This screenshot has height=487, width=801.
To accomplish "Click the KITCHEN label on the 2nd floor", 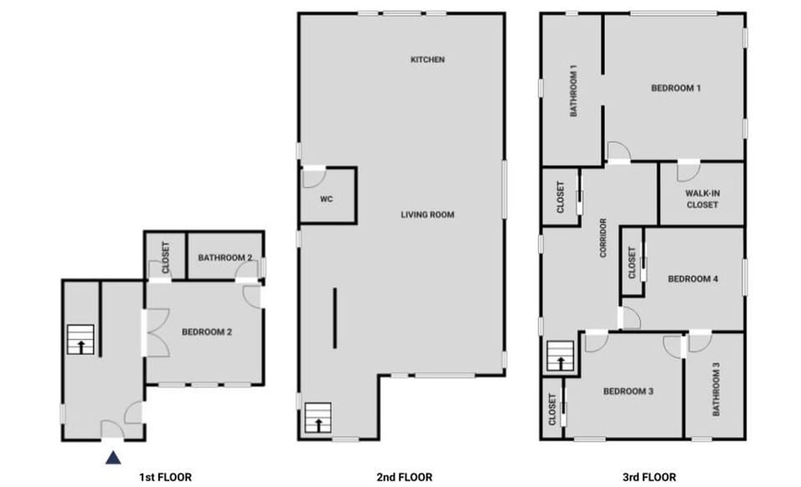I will (x=427, y=60).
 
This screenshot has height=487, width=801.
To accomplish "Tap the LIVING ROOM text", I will (x=427, y=215).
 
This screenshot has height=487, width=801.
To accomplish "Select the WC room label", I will (x=326, y=200).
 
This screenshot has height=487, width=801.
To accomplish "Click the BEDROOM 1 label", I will (x=675, y=88).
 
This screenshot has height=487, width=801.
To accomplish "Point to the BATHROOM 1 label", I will (x=574, y=90).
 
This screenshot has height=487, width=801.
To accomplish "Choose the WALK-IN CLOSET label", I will (x=702, y=199).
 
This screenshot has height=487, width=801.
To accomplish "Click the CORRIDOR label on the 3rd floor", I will (x=602, y=237).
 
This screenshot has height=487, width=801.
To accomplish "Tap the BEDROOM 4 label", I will (x=693, y=279).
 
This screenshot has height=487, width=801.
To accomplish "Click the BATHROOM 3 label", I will (x=715, y=389).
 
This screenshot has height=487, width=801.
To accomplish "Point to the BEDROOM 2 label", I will (x=206, y=332).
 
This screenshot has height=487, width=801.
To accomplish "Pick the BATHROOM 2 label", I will (x=225, y=258).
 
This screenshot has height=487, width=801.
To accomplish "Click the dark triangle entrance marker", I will (x=113, y=457).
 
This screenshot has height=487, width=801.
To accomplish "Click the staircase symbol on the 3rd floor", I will (x=560, y=357).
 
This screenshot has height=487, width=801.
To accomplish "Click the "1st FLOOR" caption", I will (x=165, y=477).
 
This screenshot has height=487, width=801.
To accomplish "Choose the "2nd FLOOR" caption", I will (x=405, y=477).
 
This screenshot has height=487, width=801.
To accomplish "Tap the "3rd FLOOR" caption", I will (x=649, y=477).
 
